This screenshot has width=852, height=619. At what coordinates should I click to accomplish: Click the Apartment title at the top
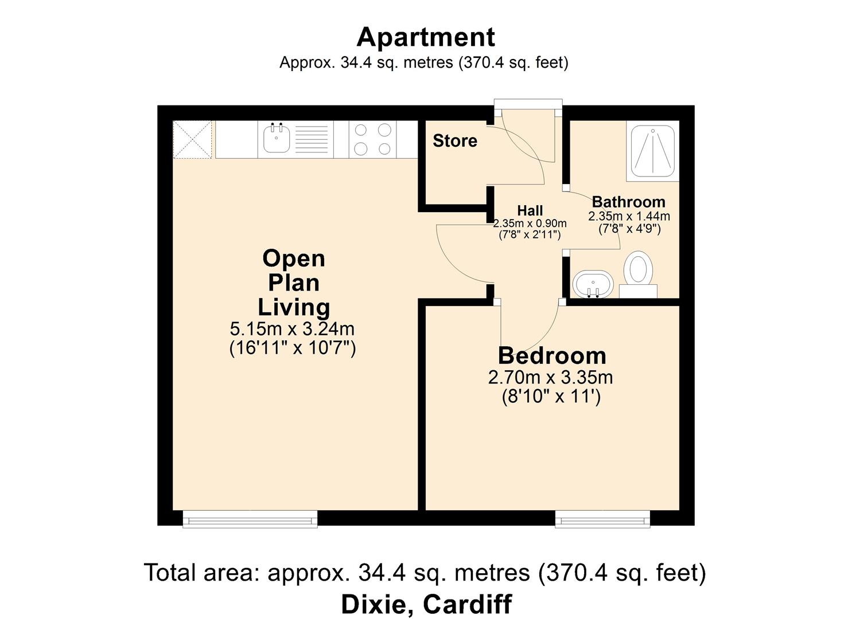[426, 37]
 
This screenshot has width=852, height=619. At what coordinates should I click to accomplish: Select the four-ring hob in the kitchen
[372, 139]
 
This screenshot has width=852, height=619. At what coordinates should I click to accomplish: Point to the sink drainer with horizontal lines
[312, 139]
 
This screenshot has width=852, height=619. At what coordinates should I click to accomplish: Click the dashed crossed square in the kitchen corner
[192, 139]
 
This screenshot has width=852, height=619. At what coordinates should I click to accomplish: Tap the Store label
[455, 140]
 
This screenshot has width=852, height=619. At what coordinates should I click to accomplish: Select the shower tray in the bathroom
[653, 151]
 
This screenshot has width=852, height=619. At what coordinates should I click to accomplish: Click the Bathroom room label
[629, 201]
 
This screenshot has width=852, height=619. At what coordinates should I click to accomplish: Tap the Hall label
[530, 210]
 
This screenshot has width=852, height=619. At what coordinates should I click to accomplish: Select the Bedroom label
[552, 356]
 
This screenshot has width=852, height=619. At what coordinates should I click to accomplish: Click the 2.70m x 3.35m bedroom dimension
[550, 378]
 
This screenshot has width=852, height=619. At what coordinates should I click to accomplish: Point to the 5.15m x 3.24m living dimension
[292, 329]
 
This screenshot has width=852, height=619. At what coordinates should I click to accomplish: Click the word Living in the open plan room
[294, 307]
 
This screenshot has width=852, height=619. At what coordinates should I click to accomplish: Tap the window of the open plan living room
[250, 519]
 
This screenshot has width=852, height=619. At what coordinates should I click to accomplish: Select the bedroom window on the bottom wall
[602, 519]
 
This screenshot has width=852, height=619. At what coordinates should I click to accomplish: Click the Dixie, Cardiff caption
[426, 604]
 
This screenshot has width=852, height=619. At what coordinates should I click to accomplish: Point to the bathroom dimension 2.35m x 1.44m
[629, 216]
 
